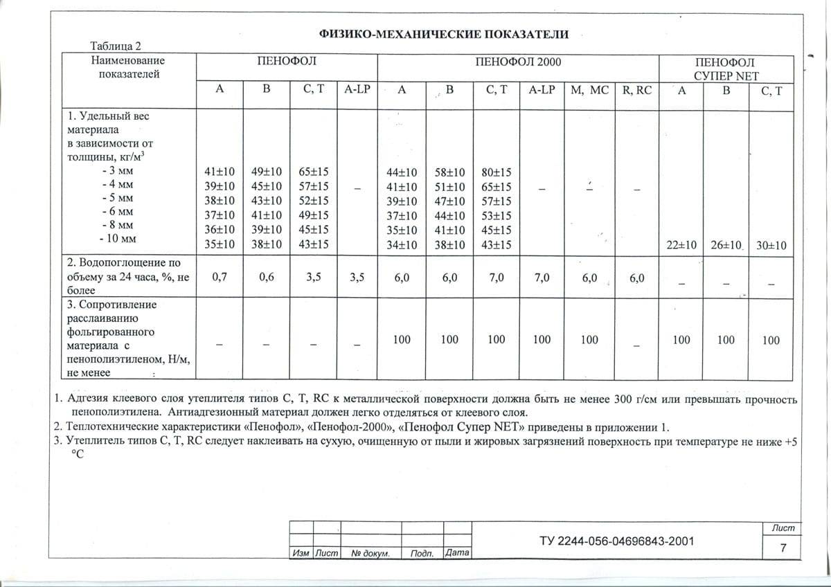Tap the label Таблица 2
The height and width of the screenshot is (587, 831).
click(x=116, y=46)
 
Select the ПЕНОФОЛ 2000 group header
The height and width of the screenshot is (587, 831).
click(x=518, y=62)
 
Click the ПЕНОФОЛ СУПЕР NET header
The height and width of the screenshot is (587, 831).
click(x=727, y=69)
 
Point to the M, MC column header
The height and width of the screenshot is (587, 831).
click(x=589, y=90)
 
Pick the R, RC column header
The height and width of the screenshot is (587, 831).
click(x=637, y=90)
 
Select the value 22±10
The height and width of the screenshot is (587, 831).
click(x=681, y=245)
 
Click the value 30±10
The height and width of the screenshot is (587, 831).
click(x=771, y=245)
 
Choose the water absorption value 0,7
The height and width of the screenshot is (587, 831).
click(x=220, y=278)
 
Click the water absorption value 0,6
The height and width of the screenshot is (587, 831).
click(x=266, y=278)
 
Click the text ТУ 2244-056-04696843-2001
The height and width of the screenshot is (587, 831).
click(x=616, y=541)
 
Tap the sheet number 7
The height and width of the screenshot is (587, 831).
click(x=783, y=548)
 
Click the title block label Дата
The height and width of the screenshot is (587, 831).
click(x=458, y=554)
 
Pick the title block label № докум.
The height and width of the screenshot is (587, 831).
click(x=370, y=554)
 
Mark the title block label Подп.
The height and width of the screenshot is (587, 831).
click(x=422, y=554)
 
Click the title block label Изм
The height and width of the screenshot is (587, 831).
click(x=301, y=554)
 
